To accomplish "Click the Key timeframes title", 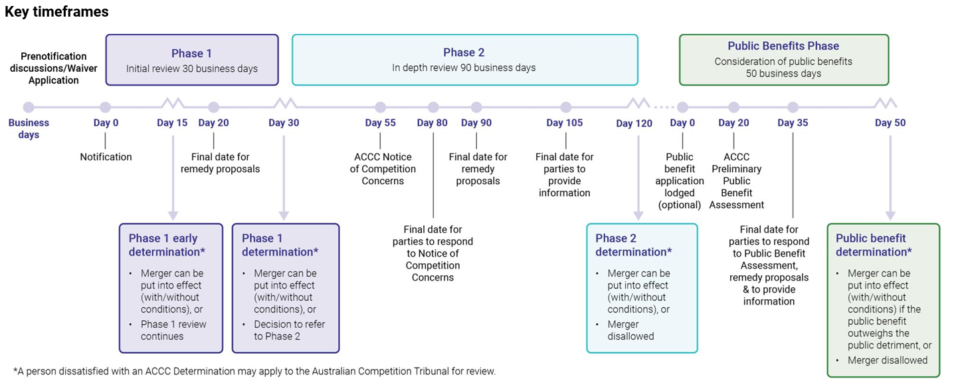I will [x=56, y=12].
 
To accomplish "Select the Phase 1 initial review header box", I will [x=192, y=60].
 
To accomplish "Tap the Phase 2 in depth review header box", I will [x=464, y=60].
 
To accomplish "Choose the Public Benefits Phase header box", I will [x=783, y=60].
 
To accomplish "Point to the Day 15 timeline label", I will [x=172, y=123].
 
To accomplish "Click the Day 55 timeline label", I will [x=380, y=123].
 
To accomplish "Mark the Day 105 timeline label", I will [x=565, y=123].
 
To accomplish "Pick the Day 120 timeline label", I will [x=634, y=124].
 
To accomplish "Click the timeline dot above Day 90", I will [x=476, y=107].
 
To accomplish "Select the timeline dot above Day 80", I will [x=433, y=107].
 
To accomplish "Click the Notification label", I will [x=106, y=157].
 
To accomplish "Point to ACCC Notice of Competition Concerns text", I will [x=383, y=169].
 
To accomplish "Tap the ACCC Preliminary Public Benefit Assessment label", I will [x=736, y=181].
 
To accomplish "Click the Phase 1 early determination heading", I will [x=163, y=245].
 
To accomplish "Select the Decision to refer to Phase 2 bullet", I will [x=289, y=330].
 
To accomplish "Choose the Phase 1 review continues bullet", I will [x=173, y=330].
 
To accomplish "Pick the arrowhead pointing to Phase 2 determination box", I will [x=638, y=215].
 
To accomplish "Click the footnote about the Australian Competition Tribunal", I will [x=254, y=371].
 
